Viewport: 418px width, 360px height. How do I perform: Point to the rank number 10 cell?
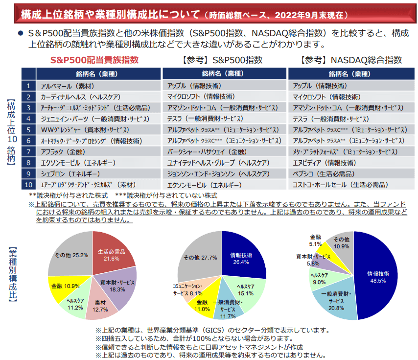tap(29, 185)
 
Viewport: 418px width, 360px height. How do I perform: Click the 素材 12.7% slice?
tap(102, 306)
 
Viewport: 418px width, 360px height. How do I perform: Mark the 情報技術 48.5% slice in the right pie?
tap(379, 277)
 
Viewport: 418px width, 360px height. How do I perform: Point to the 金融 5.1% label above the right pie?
tap(315, 240)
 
